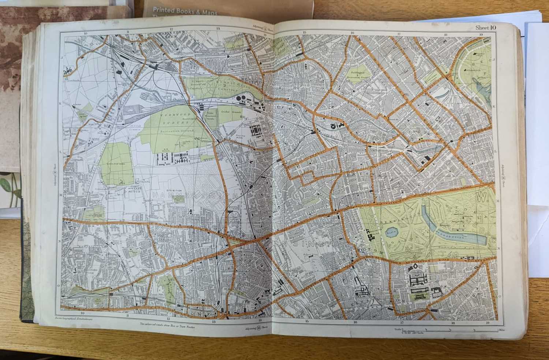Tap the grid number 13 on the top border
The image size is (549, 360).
pos(218,29)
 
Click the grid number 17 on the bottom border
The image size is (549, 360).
pos(402,323)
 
